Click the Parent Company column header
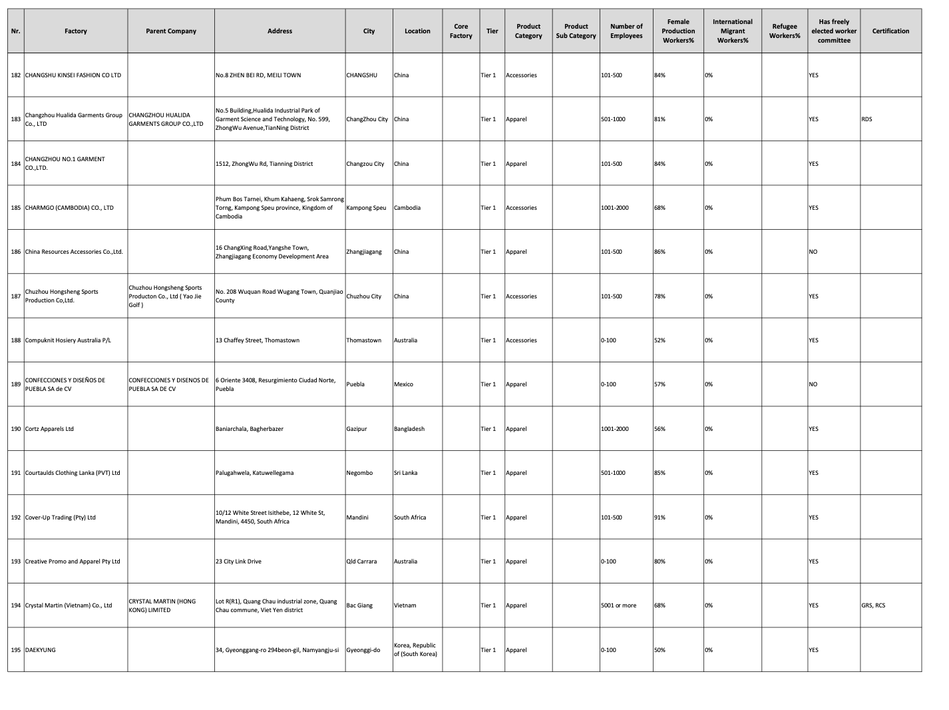tap(170, 31)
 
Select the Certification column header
tap(890, 31)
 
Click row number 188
tap(16, 340)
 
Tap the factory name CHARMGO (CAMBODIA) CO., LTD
tap(69, 208)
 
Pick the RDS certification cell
tap(866, 120)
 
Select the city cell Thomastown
tap(364, 340)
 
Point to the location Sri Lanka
tap(406, 473)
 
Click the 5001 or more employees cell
tap(618, 605)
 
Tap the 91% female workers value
tap(660, 518)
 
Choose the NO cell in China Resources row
tap(813, 252)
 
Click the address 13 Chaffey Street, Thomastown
tap(258, 340)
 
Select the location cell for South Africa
tap(410, 518)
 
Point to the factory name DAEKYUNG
tap(41, 650)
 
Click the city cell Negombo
tap(359, 473)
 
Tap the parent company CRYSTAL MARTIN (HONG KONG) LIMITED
tap(162, 605)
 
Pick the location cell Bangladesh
tap(409, 429)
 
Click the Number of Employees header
tap(626, 31)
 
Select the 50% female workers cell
tap(660, 650)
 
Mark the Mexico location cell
tap(403, 384)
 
